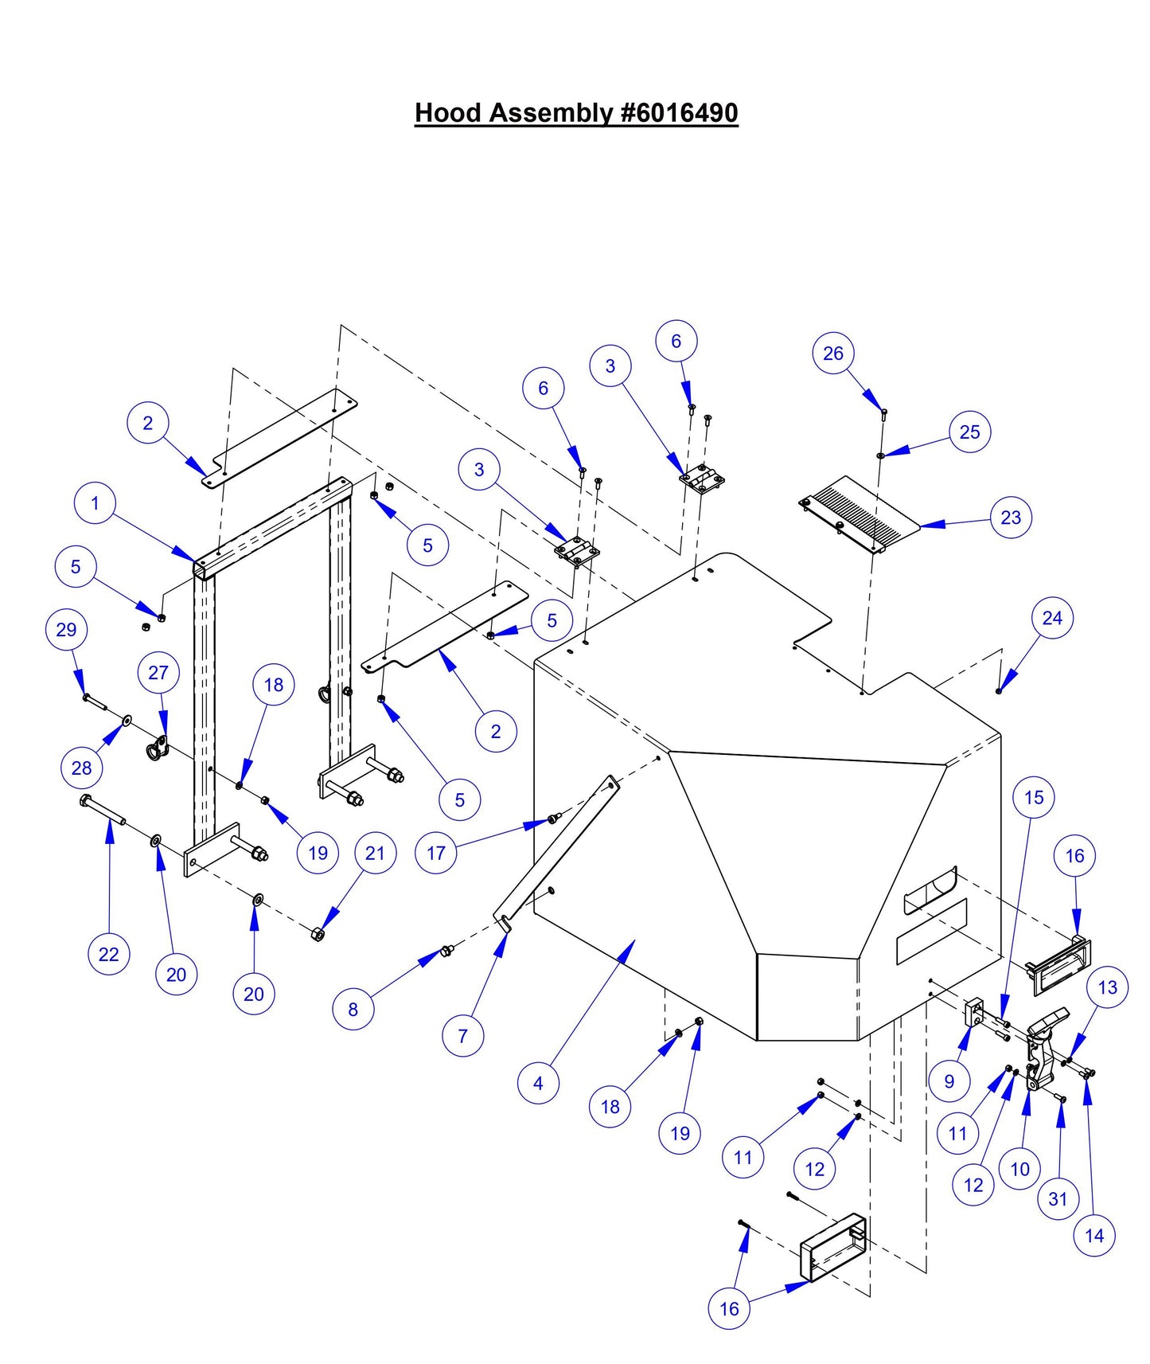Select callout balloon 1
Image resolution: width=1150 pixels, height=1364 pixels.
[x=95, y=504]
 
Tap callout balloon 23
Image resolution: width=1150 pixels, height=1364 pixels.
[x=1011, y=518]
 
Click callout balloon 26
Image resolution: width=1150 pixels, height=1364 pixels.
[x=833, y=354]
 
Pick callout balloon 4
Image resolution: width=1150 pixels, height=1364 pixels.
[x=538, y=1083]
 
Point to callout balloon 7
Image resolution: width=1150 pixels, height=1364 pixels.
[x=462, y=1036]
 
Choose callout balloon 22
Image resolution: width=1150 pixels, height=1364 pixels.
[x=108, y=954]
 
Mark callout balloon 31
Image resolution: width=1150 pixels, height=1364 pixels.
[x=1058, y=1198]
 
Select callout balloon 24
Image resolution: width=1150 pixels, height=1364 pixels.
[x=1052, y=618]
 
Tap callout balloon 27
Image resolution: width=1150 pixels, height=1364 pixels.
[x=158, y=673]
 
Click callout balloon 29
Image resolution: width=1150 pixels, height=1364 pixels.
[x=66, y=630]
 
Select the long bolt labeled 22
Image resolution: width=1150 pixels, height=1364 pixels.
[x=103, y=811]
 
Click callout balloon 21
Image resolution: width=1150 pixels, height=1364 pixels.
[x=375, y=853]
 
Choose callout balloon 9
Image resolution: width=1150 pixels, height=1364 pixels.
[x=949, y=1081]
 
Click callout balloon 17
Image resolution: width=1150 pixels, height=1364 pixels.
[x=435, y=853]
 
